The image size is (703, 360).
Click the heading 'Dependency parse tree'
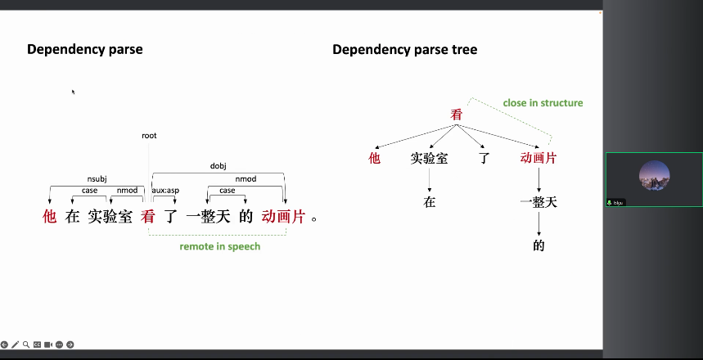click(404, 50)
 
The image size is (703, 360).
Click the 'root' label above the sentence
click(149, 136)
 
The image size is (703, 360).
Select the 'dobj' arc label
click(218, 166)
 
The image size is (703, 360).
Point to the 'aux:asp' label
click(165, 191)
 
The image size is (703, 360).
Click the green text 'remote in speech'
click(220, 246)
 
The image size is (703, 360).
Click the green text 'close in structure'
click(543, 103)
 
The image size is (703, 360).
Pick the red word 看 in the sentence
click(147, 217)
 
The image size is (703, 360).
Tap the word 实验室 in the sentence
click(110, 217)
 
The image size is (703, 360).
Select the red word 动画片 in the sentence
click(283, 217)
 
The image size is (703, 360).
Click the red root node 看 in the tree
click(457, 115)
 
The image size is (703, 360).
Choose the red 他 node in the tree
click(375, 158)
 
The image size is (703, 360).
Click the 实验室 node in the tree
click(429, 158)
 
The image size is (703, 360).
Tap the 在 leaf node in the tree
click(430, 201)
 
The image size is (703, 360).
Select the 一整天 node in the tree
click(539, 201)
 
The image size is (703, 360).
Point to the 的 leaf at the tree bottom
click(539, 245)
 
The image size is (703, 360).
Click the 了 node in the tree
click(484, 158)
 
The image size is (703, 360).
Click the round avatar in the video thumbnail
click(654, 175)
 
